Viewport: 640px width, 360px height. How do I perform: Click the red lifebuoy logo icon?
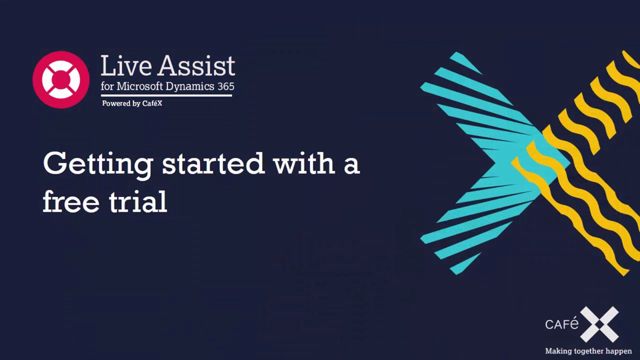coord(61,79)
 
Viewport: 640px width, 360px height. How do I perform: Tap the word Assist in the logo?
coord(197,65)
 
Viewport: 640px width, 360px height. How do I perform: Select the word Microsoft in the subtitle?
coord(139,86)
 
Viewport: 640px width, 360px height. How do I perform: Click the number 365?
coord(225,86)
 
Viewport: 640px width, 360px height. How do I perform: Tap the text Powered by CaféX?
coord(132,103)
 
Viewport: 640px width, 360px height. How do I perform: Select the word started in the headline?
coord(213,163)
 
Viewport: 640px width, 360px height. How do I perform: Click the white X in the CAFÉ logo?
coord(599,324)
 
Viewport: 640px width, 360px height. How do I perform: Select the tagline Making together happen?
coord(588,351)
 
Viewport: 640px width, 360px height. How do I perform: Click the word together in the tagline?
coord(589,351)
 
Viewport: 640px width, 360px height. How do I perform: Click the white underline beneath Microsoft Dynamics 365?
coord(166,95)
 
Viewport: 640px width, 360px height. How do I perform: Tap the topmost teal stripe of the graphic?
coord(466,63)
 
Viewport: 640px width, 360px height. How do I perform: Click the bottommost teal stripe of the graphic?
coord(465,263)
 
